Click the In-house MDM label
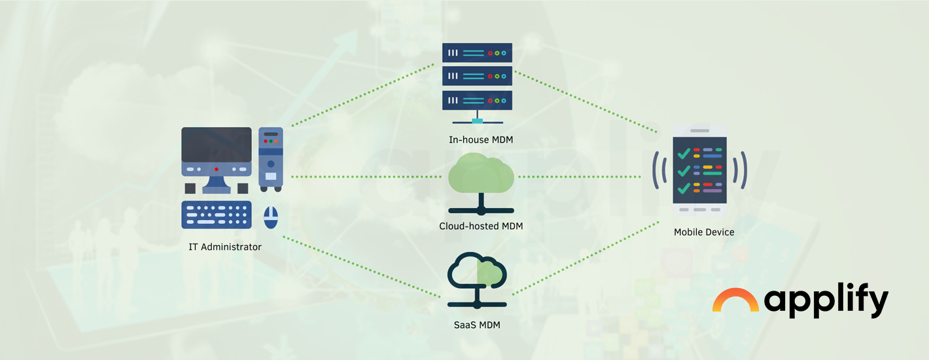pos(477,139)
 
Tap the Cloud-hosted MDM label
pos(481,226)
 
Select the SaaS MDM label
pos(477,325)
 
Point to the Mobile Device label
pos(704,232)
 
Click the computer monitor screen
pos(216,145)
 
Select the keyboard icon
pos(216,215)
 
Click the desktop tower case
pos(271,158)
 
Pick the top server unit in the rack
pos(477,52)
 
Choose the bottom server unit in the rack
pos(477,100)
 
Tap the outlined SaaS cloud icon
pos(477,272)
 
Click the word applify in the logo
pos(826,302)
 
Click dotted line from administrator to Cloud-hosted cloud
pos(366,177)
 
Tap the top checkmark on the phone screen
pos(683,154)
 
